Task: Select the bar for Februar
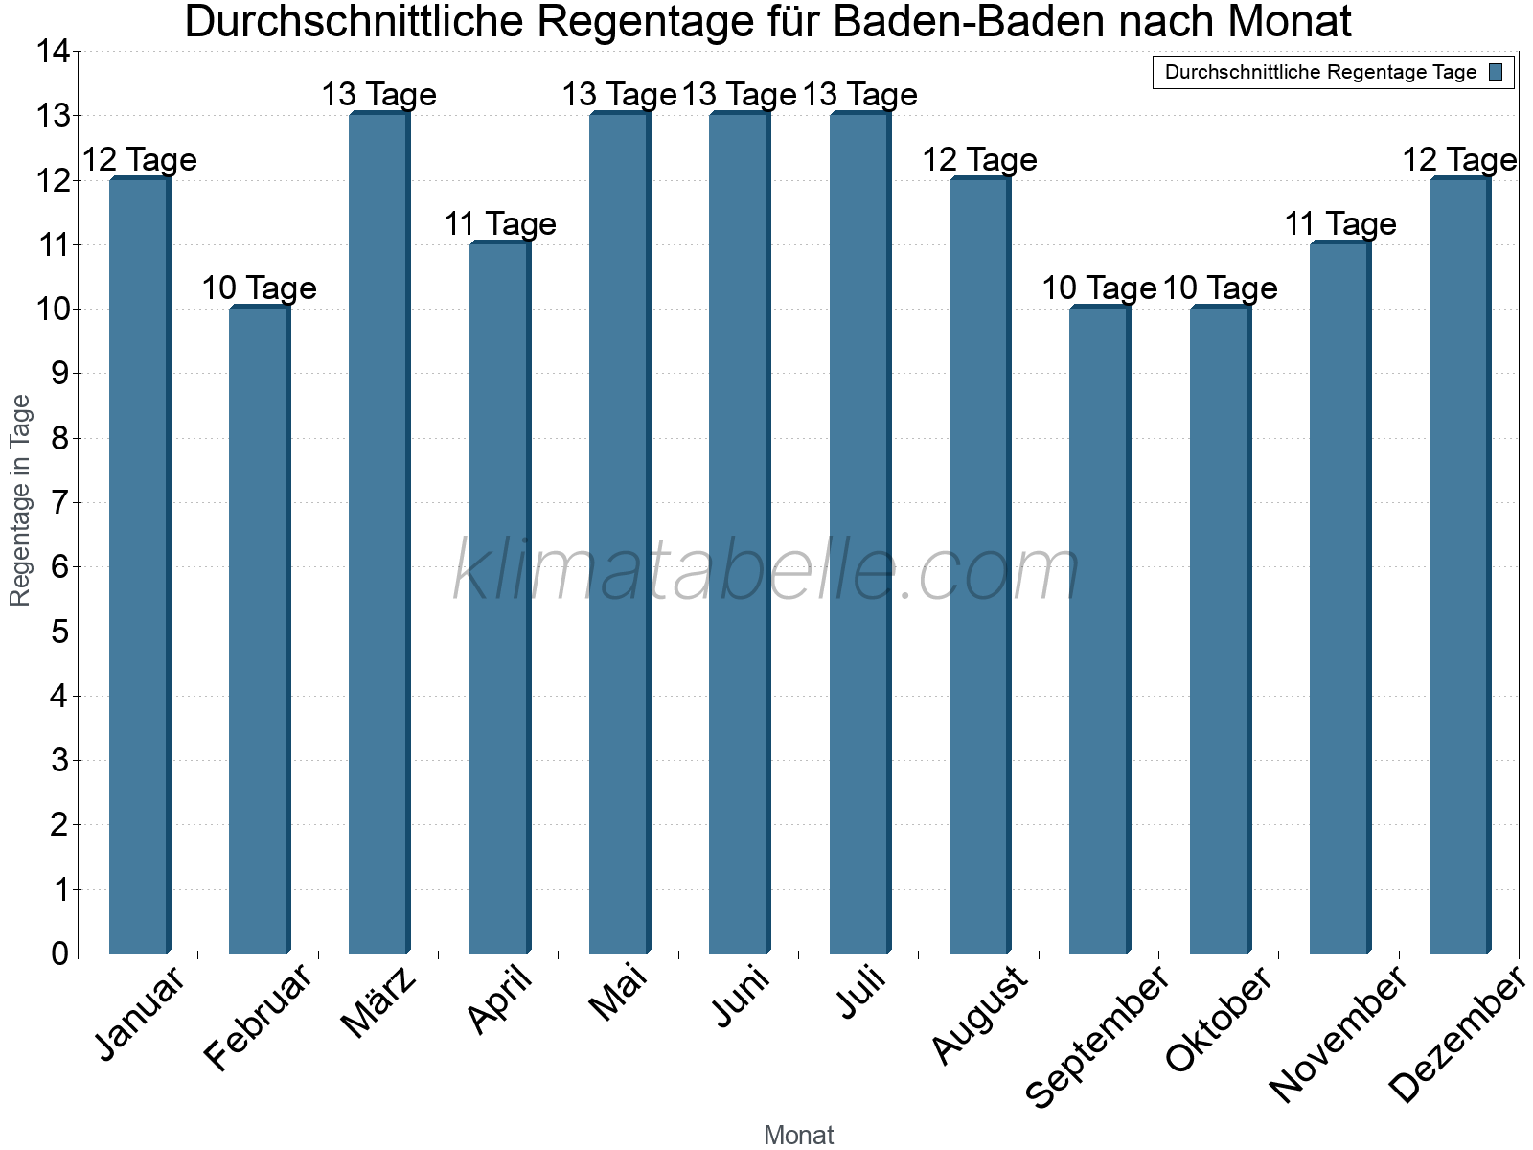pos(259,630)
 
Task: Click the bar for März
pos(378,533)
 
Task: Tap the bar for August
pos(979,565)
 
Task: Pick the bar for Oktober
pos(1220,630)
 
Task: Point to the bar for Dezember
pos(1459,565)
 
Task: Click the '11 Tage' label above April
pos(500,224)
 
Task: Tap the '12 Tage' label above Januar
pos(140,160)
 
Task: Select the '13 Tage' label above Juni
pos(740,95)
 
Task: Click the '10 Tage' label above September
pos(1099,288)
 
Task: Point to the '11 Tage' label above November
pos(1340,224)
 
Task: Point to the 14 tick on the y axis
pos(54,52)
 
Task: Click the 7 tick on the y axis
pos(60,502)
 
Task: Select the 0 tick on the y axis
pos(60,954)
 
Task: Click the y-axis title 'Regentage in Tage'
pos(20,500)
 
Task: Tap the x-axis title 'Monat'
pos(798,1136)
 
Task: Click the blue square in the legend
pos(1497,72)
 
